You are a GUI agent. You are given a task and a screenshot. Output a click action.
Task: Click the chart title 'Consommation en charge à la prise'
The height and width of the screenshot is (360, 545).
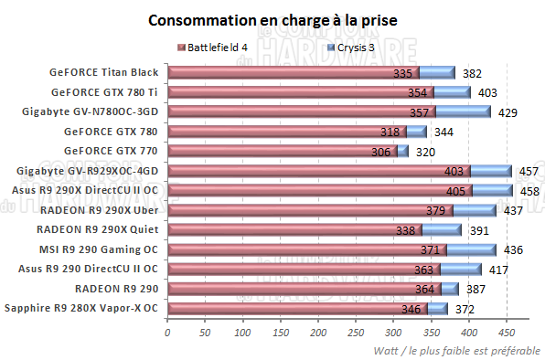tap(272, 20)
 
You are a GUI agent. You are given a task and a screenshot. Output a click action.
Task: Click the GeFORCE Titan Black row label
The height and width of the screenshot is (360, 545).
tap(105, 72)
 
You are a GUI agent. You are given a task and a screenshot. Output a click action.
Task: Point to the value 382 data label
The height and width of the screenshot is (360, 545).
tap(472, 73)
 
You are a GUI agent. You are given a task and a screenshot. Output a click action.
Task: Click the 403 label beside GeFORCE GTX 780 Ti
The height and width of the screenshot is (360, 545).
tap(487, 92)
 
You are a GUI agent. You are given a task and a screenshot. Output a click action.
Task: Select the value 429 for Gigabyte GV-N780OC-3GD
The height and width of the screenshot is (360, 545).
tap(508, 112)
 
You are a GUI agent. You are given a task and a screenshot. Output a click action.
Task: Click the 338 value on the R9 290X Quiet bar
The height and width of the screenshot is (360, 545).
tap(406, 230)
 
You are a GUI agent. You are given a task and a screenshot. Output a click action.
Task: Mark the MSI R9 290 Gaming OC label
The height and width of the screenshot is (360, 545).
tap(96, 249)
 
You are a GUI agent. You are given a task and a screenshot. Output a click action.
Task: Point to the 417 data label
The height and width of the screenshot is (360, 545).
tap(498, 270)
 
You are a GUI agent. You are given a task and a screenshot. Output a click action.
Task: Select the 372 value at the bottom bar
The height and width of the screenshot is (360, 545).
tap(464, 310)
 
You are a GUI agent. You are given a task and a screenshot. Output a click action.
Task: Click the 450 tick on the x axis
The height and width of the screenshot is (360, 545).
tap(507, 332)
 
